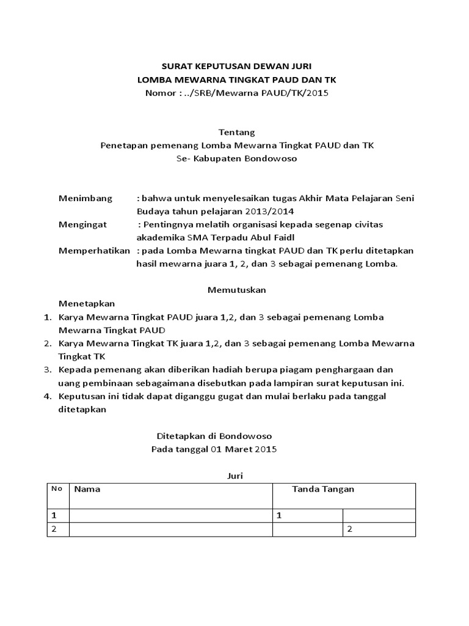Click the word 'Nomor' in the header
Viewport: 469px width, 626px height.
(158, 93)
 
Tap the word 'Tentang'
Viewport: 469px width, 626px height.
(234, 132)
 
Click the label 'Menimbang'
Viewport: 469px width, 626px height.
(85, 198)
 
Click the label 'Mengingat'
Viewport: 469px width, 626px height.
(82, 224)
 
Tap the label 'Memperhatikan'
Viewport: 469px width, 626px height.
(94, 251)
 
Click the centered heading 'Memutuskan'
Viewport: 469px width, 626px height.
(236, 289)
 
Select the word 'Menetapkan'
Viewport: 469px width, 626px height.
(86, 303)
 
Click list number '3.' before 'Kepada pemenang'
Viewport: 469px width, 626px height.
(48, 370)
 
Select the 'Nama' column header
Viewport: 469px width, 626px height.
(87, 489)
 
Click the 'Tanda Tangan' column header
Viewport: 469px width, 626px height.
(323, 489)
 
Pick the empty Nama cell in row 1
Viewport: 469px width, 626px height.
(170, 515)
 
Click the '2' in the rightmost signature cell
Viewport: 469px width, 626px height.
(349, 529)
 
